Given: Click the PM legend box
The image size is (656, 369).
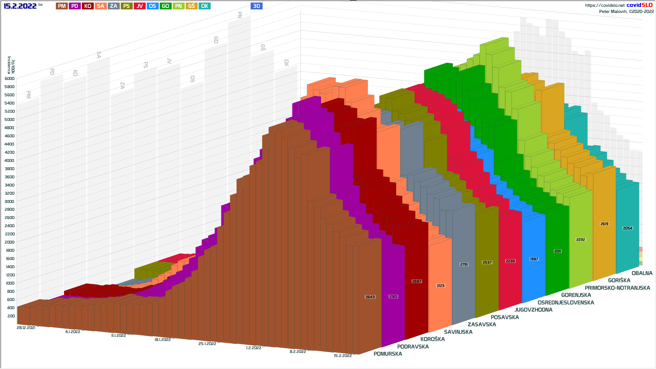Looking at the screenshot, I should [62, 6].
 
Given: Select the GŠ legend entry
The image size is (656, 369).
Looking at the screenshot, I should [191, 6].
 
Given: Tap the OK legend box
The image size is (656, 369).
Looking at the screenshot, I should [204, 6].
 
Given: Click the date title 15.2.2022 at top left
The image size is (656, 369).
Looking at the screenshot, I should [20, 6].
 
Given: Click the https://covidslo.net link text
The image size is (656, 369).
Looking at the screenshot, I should [604, 5].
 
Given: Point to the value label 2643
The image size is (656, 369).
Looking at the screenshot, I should [370, 297].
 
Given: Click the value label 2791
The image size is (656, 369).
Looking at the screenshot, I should [464, 264].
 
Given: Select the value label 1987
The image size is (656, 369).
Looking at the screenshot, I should [534, 259].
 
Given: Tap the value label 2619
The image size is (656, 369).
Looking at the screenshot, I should [604, 224].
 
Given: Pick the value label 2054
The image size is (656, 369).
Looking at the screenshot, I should [628, 228].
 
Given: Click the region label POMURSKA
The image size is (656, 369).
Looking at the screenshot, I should [388, 354].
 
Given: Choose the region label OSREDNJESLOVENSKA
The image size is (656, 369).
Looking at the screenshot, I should [566, 303].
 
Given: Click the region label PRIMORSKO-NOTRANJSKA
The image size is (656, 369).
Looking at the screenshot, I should [617, 288].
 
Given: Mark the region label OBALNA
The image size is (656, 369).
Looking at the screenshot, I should [642, 273].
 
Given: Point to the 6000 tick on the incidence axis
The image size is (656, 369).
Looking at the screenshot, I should [10, 79].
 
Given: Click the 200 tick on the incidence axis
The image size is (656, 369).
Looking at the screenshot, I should [11, 316].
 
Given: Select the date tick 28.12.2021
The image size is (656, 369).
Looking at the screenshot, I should [26, 328].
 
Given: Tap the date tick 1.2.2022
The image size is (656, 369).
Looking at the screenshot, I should [254, 348].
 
